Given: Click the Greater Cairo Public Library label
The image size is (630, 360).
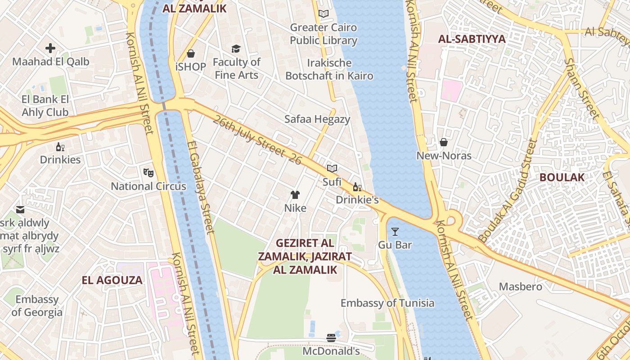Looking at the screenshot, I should click(x=323, y=34).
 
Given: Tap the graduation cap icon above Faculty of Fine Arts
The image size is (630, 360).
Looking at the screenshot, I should click(x=236, y=49).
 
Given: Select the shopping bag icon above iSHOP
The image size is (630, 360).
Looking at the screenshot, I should click(x=191, y=54).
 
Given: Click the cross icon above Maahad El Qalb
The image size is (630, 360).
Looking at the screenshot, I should click(x=50, y=48).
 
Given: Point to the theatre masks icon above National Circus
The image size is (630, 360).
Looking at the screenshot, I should click(x=148, y=172).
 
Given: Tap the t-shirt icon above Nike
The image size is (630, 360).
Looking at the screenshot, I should click(x=295, y=195).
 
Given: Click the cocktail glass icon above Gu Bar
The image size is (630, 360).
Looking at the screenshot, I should click(x=395, y=232).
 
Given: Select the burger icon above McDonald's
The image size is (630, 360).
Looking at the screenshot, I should click(x=331, y=337).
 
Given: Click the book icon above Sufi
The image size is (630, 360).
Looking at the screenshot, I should click(x=332, y=168).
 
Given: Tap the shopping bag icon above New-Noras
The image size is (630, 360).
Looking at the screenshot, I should click(x=444, y=143).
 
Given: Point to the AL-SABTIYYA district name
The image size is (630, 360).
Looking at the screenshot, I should click(x=472, y=39).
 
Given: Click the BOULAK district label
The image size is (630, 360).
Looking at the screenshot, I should click(x=562, y=177).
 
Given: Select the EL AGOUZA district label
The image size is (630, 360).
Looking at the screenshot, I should click(x=112, y=280).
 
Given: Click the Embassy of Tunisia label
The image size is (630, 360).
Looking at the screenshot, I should click(x=387, y=303).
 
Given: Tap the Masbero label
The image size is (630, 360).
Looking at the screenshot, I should click(x=521, y=286).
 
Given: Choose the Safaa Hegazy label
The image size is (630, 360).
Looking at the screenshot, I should click(x=317, y=119).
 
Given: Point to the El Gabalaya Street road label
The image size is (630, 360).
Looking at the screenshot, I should click(x=200, y=187).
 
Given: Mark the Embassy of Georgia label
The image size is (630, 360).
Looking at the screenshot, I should click(x=37, y=306).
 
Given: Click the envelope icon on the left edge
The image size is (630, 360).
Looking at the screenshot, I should click(x=20, y=210).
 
